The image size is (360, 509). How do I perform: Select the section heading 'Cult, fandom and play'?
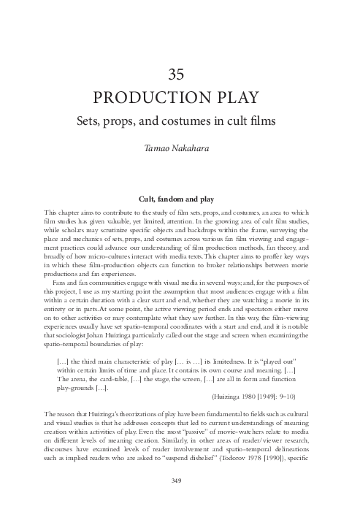[180, 197]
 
